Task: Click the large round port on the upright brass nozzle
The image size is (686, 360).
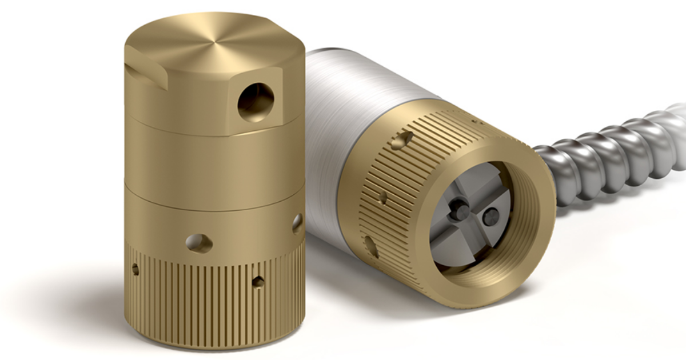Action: tap(256, 102)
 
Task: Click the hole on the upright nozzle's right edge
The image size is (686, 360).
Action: tap(297, 223)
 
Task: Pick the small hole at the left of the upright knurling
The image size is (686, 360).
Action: tap(135, 269)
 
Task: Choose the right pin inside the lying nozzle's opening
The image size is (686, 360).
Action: tap(490, 216)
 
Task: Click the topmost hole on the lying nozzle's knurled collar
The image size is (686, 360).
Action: tap(407, 138)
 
